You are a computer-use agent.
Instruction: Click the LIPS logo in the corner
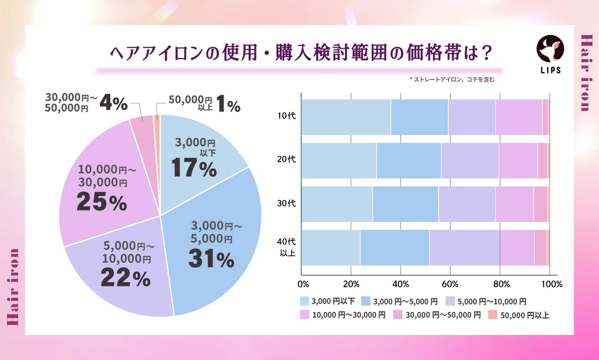[550, 54]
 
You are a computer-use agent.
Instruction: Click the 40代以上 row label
[287, 247]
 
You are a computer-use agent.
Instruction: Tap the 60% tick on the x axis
[450, 284]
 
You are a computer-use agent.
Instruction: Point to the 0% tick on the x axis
[303, 284]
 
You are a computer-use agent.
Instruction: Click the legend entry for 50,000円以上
[519, 315]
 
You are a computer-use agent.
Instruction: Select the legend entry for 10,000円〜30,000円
[343, 315]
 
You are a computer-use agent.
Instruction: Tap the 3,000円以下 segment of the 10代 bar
[346, 117]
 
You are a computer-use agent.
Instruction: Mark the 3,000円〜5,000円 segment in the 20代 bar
[409, 160]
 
